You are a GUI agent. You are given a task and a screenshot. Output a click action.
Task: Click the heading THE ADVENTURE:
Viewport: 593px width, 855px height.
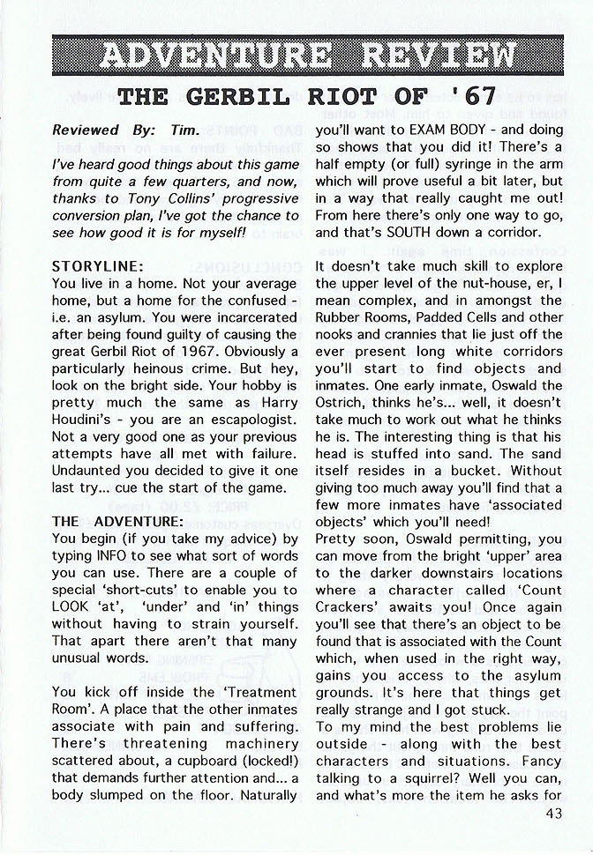[117, 521]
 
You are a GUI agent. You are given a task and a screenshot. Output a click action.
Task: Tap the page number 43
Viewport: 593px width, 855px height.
[553, 814]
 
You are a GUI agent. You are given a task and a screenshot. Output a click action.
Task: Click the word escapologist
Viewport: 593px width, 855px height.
[250, 420]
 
